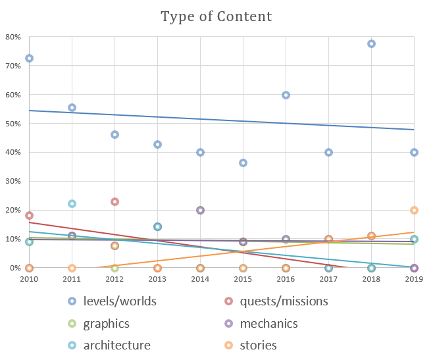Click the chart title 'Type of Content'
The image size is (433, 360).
[216, 16]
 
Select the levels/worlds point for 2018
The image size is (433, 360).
[371, 44]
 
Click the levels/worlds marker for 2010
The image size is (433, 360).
[29, 59]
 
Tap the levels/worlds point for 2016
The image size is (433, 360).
[286, 95]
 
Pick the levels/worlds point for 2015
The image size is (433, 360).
[243, 163]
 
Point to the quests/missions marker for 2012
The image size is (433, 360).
[115, 202]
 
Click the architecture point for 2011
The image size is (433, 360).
[72, 204]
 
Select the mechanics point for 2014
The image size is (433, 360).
[200, 211]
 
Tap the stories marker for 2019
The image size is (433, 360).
[414, 211]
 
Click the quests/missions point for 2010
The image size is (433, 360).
[29, 216]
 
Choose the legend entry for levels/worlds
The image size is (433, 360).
[115, 301]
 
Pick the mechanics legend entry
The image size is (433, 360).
[268, 324]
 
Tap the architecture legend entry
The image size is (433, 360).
[116, 346]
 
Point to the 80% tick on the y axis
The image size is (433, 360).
[13, 37]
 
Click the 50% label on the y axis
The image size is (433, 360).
[13, 124]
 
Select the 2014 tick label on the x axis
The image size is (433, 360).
[200, 280]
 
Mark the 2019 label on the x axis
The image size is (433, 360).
[414, 280]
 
